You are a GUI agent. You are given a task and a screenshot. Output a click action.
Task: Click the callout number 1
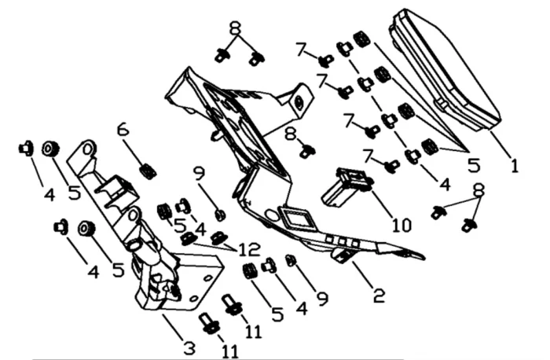coord(514,166)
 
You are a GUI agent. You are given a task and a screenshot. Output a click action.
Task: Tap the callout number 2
coord(379,296)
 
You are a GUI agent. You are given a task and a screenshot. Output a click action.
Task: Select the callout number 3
coord(189,348)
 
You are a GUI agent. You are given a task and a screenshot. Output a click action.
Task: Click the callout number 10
coord(401,225)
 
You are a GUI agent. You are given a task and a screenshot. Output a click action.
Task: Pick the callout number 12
coord(249,249)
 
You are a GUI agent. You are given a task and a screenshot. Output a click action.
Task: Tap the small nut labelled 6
coord(148,171)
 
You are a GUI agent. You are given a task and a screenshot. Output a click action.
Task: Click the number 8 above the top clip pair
coord(236,28)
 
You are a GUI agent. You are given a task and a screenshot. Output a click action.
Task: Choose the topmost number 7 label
coord(302,49)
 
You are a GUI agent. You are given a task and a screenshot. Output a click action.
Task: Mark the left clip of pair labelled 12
coord(189,239)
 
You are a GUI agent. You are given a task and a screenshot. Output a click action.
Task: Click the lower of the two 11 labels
coord(230,351)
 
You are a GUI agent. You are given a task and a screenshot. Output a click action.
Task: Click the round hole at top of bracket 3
coord(88,150)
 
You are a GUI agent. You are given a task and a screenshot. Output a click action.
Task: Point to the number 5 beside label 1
coord(474,165)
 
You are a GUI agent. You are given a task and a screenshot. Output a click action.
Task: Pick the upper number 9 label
coord(200,174)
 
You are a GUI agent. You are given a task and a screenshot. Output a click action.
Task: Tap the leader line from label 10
coord(384,204)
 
